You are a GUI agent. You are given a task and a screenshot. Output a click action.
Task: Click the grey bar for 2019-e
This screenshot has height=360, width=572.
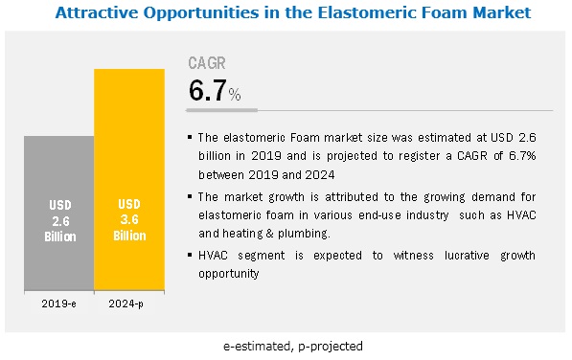(59, 214)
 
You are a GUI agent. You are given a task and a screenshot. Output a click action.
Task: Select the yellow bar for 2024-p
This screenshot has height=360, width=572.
(129, 180)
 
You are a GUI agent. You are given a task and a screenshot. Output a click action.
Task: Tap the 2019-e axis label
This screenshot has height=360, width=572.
(58, 304)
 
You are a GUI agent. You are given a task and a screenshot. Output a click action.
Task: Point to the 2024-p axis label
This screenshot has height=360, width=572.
(126, 304)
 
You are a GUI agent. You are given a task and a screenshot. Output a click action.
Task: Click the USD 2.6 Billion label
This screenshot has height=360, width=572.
(60, 221)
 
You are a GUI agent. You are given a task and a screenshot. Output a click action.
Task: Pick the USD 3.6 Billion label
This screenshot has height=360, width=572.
(129, 219)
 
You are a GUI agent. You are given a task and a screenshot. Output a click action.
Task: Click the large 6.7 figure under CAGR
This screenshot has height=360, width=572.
(208, 90)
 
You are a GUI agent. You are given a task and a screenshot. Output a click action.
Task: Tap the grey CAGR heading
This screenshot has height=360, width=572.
(207, 63)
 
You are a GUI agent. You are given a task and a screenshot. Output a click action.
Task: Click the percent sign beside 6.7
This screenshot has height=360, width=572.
(235, 95)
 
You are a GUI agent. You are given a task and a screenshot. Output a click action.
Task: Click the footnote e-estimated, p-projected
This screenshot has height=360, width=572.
(293, 347)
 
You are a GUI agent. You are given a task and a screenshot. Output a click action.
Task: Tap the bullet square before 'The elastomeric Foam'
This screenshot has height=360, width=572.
(190, 137)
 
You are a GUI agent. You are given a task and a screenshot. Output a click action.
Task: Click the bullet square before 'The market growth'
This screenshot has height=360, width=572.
(190, 196)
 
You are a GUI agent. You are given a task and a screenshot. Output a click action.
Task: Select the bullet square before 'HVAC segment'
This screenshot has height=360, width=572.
(190, 255)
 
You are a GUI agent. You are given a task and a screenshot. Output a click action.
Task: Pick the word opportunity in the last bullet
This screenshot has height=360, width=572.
(229, 274)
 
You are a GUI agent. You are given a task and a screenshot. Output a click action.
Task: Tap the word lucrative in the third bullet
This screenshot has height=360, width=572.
(467, 255)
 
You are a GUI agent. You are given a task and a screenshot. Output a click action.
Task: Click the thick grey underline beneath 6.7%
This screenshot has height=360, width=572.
(221, 110)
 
